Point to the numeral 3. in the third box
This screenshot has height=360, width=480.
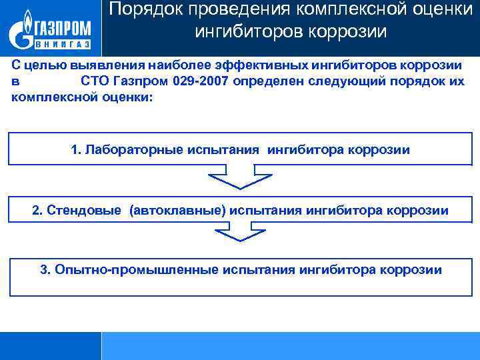click(45, 270)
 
